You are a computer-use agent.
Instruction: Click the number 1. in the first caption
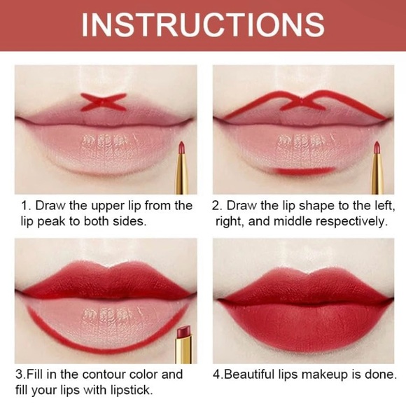(x=26, y=206)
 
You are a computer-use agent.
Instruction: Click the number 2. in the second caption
(x=217, y=206)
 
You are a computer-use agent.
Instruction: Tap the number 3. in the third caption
(x=20, y=374)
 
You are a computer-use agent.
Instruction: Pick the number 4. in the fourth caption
(x=219, y=374)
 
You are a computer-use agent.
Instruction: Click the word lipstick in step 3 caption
(x=129, y=391)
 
